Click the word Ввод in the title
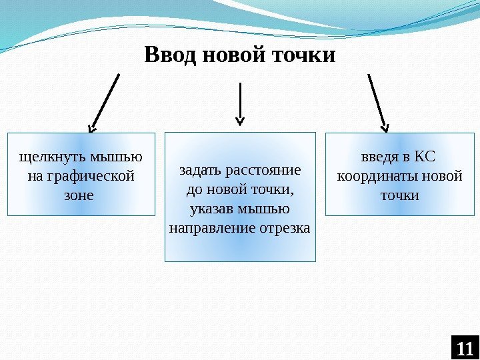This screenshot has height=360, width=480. pyautogui.click(x=170, y=55)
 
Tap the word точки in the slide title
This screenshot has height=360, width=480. pyautogui.click(x=305, y=55)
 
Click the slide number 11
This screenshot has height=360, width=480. pyautogui.click(x=465, y=348)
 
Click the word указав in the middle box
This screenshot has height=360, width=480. pyautogui.click(x=211, y=209)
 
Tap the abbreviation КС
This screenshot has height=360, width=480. pyautogui.click(x=424, y=158)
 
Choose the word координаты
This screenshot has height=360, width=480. pyautogui.click(x=375, y=177)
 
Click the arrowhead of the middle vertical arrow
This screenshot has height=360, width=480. pyautogui.click(x=240, y=121)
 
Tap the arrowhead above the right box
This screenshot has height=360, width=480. pyautogui.click(x=385, y=125)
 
